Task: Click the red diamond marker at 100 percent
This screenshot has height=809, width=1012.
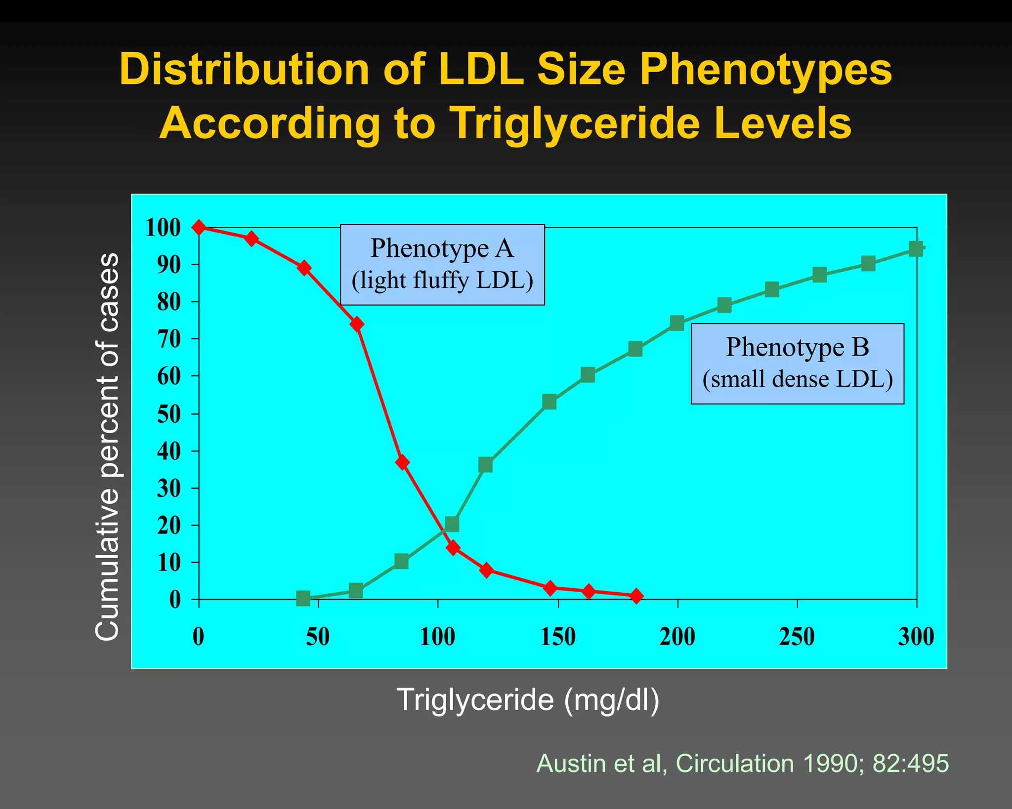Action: pos(199,227)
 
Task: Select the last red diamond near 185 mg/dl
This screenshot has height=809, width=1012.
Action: pos(636,596)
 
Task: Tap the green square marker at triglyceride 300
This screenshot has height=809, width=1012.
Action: pos(916,248)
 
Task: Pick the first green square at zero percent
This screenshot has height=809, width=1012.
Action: pos(303,598)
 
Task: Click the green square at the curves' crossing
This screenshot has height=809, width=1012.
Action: pos(452,524)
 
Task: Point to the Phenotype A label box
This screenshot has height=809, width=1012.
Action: pos(442,265)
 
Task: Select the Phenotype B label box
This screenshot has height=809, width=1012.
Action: pos(797,364)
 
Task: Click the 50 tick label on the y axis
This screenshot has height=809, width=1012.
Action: pos(169,414)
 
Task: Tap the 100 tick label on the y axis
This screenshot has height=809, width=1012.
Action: pos(163,228)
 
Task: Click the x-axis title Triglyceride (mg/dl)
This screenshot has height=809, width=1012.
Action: pos(528,699)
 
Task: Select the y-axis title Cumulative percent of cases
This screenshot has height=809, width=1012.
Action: pos(107,447)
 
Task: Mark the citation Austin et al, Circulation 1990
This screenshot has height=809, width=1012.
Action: pos(742,763)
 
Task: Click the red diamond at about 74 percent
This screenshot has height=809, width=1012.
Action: pos(357,324)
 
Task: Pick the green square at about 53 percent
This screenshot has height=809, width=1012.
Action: pos(549,402)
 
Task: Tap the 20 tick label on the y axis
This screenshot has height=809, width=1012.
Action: pos(169,526)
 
